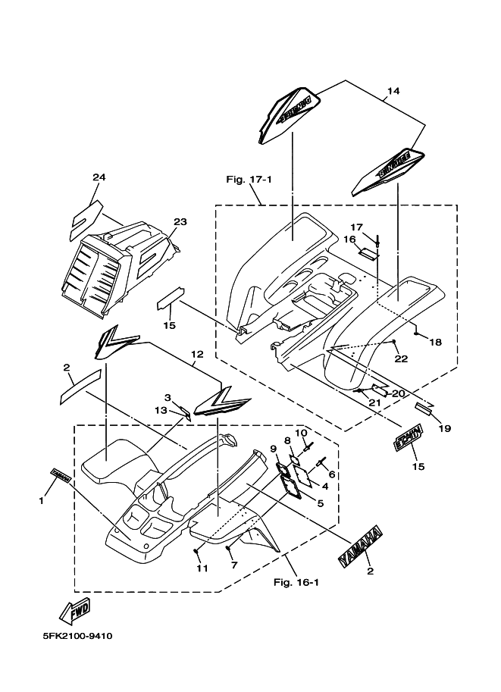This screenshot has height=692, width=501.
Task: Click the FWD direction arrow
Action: tap(74, 607)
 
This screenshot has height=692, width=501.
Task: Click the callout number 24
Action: tap(99, 177)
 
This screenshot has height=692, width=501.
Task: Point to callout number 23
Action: tap(180, 222)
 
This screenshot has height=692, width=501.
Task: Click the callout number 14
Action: tap(392, 92)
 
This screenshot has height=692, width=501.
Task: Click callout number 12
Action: tap(197, 354)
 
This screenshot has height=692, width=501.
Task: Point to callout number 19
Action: tap(444, 428)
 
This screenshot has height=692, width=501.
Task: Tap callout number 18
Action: tap(435, 343)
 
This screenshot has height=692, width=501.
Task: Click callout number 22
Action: tap(401, 359)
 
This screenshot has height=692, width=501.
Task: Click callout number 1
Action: tap(42, 500)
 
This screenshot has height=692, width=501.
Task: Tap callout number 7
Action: tap(235, 565)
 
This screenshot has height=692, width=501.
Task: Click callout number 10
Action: tap(299, 433)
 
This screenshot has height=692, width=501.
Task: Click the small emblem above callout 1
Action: tap(61, 474)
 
